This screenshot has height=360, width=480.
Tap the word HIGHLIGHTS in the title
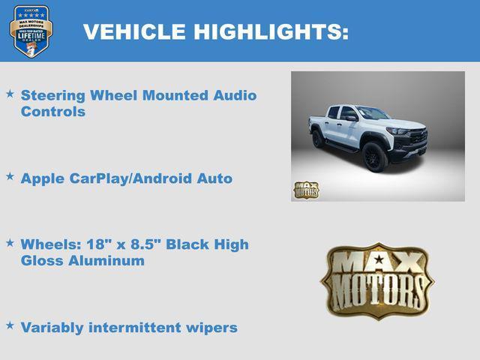[269, 31]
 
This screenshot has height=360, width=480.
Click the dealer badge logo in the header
[31, 31]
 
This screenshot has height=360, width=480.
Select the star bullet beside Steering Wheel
[10, 94]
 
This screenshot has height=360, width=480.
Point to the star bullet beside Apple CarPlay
[10, 176]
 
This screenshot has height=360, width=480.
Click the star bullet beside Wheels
[10, 243]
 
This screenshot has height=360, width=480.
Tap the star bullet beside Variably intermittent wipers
[10, 325]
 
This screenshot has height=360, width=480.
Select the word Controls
[52, 112]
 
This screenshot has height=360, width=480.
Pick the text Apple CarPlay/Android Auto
[126, 178]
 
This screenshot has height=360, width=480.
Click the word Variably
[55, 328]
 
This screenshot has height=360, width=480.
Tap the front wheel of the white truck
[375, 157]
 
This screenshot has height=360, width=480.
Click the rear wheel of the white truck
[318, 139]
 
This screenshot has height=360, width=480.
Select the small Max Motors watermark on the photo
[305, 190]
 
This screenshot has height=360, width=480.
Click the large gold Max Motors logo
[377, 279]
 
